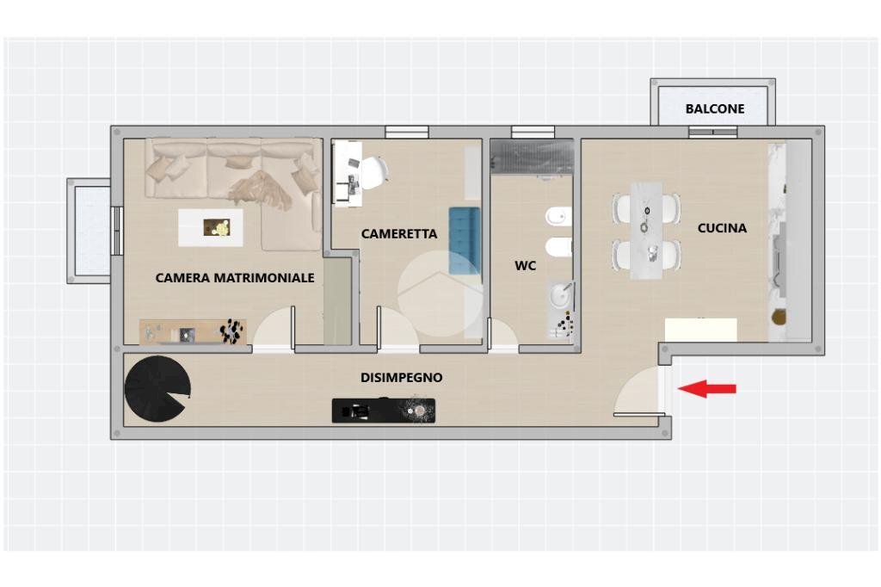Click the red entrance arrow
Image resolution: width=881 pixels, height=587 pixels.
pyautogui.click(x=707, y=388)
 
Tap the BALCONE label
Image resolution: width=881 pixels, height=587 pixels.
pyautogui.click(x=715, y=108)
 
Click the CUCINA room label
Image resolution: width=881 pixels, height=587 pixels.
pyautogui.click(x=722, y=228)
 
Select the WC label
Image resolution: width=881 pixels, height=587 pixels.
pyautogui.click(x=526, y=265)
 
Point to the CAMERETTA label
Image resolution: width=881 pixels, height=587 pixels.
pyautogui.click(x=399, y=233)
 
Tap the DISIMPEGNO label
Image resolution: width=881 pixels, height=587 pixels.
pyautogui.click(x=401, y=377)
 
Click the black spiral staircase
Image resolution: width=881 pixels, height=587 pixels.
pyautogui.click(x=157, y=389)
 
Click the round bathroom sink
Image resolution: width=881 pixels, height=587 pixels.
pyautogui.click(x=560, y=295)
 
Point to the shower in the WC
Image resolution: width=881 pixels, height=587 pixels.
pyautogui.click(x=532, y=157)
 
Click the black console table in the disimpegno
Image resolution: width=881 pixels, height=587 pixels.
pyautogui.click(x=384, y=411)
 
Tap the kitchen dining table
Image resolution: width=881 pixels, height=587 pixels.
pyautogui.click(x=646, y=231)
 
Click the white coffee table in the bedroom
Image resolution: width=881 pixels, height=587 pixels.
pyautogui.click(x=211, y=228)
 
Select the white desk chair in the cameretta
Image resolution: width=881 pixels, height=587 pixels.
pyautogui.click(x=373, y=171)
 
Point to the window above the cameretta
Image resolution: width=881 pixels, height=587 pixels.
pyautogui.click(x=407, y=133)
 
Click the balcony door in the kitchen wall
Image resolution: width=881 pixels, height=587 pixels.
pyautogui.click(x=713, y=133)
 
